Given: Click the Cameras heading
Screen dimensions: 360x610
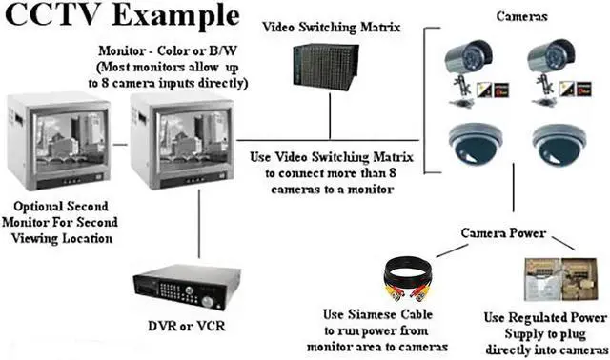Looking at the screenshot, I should (521, 16).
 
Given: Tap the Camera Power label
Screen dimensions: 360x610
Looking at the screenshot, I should (503, 232).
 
